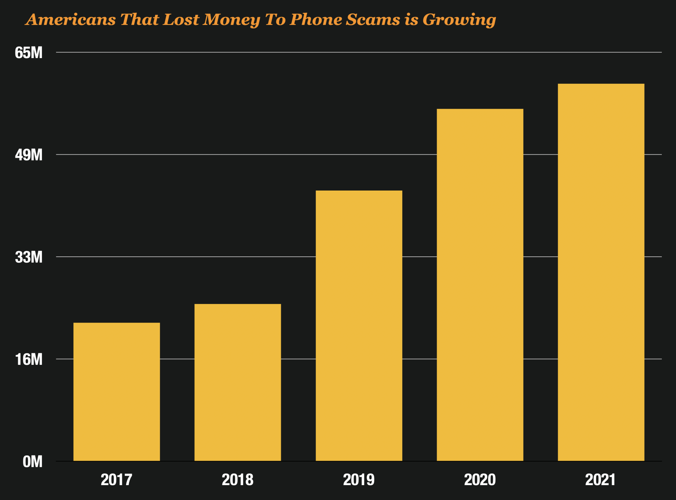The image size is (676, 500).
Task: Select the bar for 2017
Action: coord(117,392)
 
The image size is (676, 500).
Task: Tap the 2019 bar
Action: coord(359,326)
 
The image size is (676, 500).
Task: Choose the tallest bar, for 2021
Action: coord(601,272)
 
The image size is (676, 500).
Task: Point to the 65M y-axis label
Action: coord(29,53)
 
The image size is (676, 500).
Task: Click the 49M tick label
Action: coord(29,155)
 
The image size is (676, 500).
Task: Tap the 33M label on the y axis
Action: coord(29,257)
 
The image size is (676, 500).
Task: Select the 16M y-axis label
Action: coord(29,359)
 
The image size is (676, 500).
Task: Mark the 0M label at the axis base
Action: coord(32,462)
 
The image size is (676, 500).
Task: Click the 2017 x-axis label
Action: coord(117,480)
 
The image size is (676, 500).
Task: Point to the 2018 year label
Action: coord(238,480)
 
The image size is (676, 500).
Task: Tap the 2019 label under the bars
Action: coord(359,480)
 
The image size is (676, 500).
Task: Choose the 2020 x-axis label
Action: coord(480,480)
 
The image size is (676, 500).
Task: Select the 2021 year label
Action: coord(601,480)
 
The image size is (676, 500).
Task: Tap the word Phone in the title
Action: coord(316,20)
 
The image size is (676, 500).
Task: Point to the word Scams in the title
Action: coord(373,20)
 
